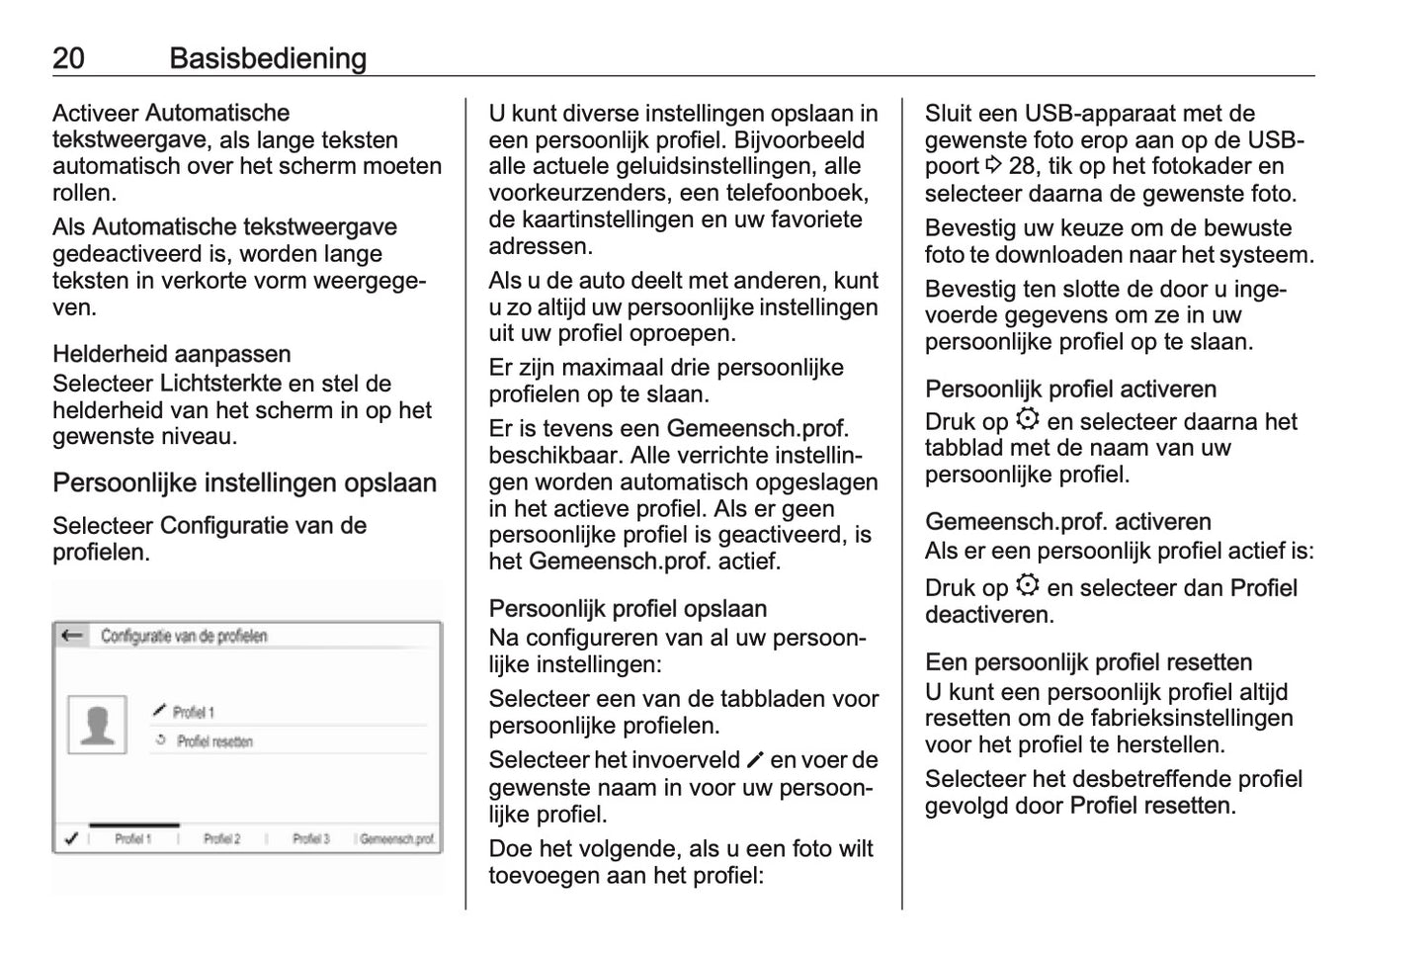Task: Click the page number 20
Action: (x=68, y=58)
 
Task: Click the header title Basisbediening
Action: (x=268, y=58)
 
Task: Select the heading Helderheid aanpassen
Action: (x=171, y=354)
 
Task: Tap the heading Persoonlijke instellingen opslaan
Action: (x=244, y=483)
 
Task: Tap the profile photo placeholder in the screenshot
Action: (x=97, y=725)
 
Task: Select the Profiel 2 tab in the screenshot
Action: (x=221, y=839)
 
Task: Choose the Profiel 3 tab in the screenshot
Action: (x=310, y=839)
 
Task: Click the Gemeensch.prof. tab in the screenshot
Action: (x=397, y=839)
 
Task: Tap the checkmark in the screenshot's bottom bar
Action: (x=71, y=839)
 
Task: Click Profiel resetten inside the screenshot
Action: (x=213, y=741)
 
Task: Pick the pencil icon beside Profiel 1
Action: (x=159, y=711)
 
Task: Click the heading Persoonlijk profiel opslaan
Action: (x=628, y=608)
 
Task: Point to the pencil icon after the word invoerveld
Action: (x=756, y=760)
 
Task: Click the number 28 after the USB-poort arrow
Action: (x=1022, y=166)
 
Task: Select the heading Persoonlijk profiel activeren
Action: (x=1070, y=389)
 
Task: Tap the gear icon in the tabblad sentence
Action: (x=1028, y=420)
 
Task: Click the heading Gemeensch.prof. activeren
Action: (x=1067, y=521)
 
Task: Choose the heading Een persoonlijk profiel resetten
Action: (x=1088, y=661)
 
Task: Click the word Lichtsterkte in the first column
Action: (x=220, y=384)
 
